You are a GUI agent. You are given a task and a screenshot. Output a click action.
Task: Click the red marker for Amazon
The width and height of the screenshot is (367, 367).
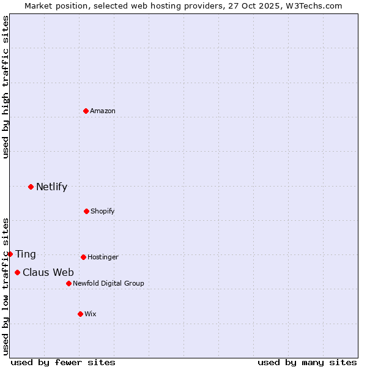[x=86, y=111]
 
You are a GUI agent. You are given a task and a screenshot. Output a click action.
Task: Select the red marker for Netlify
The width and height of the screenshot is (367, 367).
[x=31, y=187]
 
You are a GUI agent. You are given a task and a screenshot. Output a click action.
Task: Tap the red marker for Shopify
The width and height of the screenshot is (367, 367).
[x=86, y=211]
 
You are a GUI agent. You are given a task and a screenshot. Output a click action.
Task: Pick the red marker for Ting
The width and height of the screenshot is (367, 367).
[x=10, y=254]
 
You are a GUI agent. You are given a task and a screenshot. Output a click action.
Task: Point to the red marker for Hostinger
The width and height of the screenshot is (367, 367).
[x=83, y=257]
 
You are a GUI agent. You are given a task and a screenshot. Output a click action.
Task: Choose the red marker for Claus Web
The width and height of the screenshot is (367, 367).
[x=17, y=272]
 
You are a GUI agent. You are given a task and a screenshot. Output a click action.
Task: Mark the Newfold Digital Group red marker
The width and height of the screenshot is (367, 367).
[x=69, y=283]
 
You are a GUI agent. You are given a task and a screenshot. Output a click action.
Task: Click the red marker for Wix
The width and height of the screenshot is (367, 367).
[x=80, y=314]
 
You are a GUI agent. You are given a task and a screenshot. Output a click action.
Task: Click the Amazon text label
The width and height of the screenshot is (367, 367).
[x=103, y=111]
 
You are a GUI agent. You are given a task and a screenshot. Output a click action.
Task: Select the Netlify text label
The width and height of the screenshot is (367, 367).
[x=51, y=187]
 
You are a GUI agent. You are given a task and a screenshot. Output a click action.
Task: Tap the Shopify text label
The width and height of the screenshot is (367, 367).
[x=103, y=211]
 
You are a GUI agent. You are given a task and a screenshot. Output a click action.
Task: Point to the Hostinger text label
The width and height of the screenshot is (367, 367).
[x=103, y=257]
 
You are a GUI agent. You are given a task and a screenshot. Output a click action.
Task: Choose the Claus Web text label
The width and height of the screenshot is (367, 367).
[x=48, y=273]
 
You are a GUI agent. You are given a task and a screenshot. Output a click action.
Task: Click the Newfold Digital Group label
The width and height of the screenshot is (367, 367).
[x=108, y=283]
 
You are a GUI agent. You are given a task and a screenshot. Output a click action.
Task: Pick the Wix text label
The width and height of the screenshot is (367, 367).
[x=91, y=314]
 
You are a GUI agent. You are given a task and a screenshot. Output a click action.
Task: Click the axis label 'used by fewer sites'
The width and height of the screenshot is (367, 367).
[x=63, y=362]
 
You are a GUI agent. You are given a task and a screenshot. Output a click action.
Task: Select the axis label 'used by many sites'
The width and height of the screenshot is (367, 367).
[x=307, y=362]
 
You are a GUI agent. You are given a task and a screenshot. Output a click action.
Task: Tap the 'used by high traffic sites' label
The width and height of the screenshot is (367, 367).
[x=6, y=87]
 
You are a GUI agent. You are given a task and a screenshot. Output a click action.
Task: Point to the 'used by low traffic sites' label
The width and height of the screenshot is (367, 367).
[x=6, y=286]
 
